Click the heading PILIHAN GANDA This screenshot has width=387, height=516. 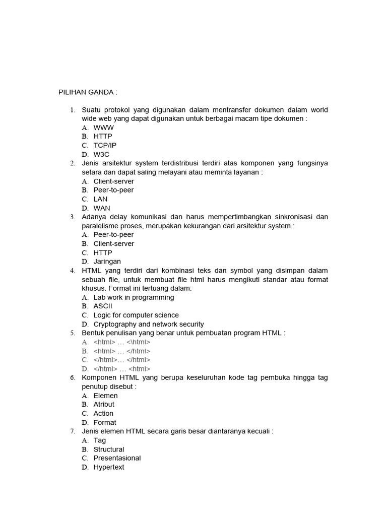pos(88,92)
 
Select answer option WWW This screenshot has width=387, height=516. pos(103,127)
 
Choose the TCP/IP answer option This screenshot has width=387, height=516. pos(105,145)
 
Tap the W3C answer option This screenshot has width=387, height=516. pos(101,154)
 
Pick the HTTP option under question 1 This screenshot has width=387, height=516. pos(103,136)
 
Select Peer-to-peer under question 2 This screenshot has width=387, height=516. pos(113,190)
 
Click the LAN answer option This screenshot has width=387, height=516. pos(101,199)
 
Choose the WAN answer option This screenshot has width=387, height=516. pos(102,208)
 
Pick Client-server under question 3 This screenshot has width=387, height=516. pos(114,243)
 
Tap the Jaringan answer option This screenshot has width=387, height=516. pos(107,262)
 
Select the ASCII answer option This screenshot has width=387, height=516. pos(103,306)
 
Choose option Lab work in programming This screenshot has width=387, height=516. pos(134,297)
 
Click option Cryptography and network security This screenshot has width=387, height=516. pos(149,324)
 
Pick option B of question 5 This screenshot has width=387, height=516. pos(122,351)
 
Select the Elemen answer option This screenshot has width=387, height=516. pos(105,396)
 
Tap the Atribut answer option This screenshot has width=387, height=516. pos(104,404)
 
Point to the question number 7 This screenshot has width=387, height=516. pos(73,431)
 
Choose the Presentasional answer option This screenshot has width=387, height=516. pos(117,458)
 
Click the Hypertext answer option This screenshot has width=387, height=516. pos(109,467)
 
